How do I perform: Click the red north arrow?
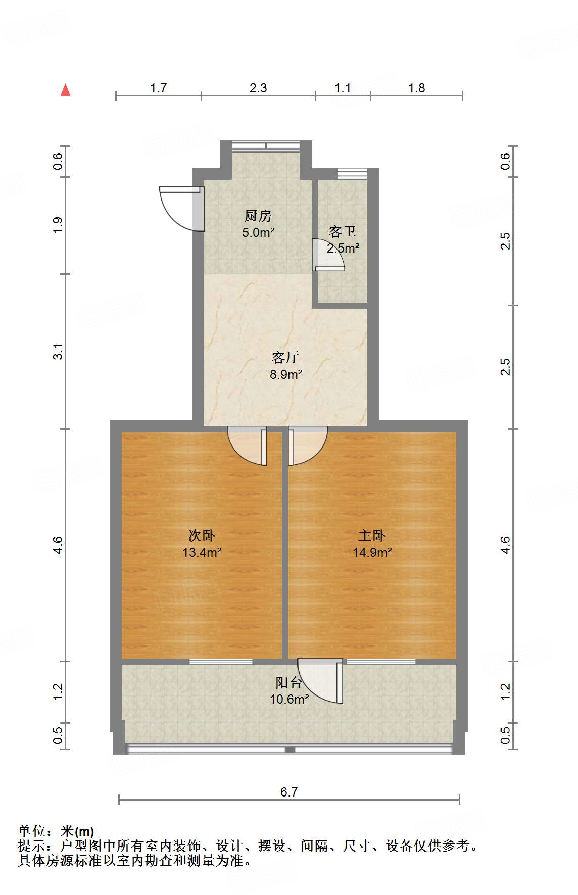click(65, 90)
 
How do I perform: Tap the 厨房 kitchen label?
click(258, 216)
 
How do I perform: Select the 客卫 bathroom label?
click(343, 232)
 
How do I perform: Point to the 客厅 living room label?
click(285, 358)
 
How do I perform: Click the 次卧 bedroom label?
click(202, 535)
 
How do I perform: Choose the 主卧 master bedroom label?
click(372, 535)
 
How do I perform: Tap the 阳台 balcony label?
click(288, 683)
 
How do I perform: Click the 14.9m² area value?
click(372, 552)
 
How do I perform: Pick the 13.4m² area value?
click(202, 552)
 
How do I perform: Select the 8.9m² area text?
click(286, 374)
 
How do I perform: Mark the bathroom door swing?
click(327, 256)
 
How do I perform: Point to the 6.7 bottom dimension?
click(289, 792)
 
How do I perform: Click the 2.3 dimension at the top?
click(258, 88)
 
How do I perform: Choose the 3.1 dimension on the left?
click(59, 351)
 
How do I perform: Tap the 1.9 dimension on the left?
click(59, 225)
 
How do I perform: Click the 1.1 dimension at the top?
click(343, 88)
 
